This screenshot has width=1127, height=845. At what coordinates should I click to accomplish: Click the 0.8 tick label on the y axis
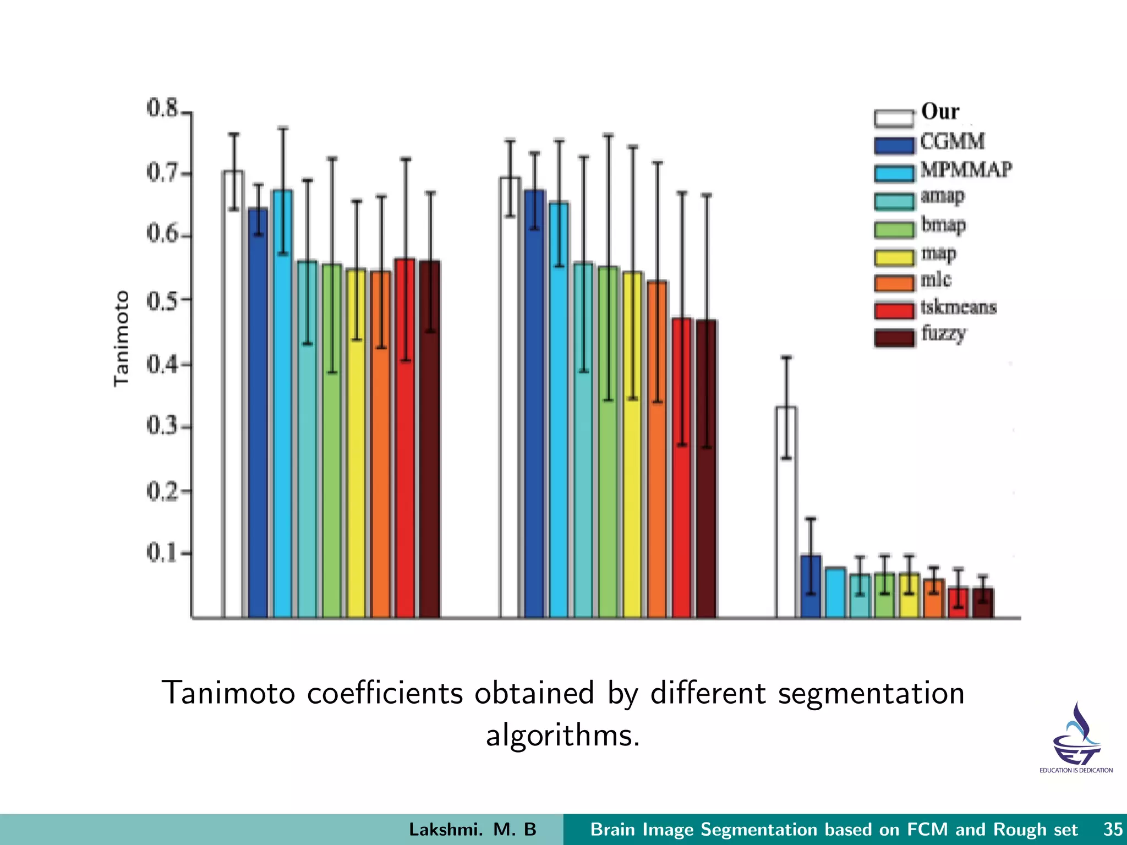(162, 108)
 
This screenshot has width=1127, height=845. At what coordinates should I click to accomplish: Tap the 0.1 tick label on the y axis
(162, 552)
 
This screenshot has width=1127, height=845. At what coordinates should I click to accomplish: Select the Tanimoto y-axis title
(121, 338)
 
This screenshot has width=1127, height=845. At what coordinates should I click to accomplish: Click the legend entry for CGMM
(952, 142)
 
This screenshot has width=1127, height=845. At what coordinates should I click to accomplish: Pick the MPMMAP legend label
(966, 169)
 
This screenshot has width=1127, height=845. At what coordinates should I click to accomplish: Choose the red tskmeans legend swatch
(894, 310)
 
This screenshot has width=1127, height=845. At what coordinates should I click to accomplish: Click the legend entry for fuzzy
(943, 334)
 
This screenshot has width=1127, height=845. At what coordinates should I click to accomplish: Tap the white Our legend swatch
(894, 118)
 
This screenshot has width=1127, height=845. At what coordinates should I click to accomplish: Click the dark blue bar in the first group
(258, 413)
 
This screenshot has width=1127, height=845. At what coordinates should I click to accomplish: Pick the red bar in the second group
(682, 468)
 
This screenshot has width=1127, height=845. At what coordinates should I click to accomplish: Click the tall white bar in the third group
(786, 512)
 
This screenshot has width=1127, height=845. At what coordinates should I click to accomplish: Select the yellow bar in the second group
(633, 446)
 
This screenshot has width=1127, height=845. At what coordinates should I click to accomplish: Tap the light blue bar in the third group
(835, 592)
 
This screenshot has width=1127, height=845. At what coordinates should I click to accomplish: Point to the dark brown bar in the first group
(430, 440)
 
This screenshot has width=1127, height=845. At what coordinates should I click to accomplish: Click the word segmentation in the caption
(871, 693)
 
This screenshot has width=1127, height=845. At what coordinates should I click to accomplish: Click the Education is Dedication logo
(1076, 737)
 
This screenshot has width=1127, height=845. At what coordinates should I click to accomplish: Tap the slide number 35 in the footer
(1113, 829)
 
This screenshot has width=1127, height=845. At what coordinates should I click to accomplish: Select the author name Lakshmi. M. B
(472, 829)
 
